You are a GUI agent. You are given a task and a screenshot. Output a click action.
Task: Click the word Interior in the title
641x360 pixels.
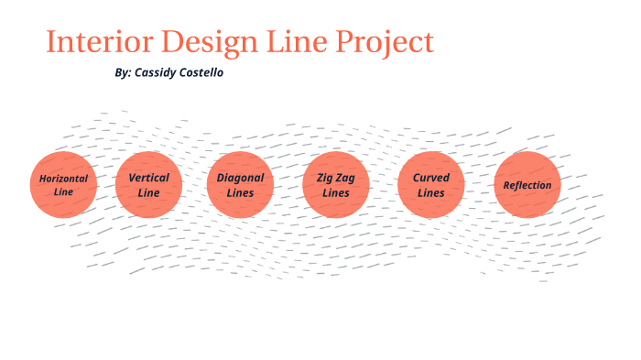point(99,43)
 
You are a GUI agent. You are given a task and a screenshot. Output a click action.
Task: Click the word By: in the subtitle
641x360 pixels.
point(124,72)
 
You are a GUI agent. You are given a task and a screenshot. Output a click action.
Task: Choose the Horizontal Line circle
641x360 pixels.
point(63,184)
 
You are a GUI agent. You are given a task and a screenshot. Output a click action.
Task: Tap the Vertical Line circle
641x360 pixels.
point(148,184)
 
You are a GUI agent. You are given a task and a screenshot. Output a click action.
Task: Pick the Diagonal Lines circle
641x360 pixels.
point(240,184)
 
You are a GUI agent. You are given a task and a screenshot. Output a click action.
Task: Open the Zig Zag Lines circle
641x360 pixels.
point(336,184)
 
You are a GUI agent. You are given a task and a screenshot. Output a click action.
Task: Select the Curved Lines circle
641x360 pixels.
point(431,184)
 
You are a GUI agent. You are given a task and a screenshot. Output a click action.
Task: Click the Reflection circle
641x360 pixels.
point(527,184)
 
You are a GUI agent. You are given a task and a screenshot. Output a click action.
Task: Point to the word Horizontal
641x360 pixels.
point(63,178)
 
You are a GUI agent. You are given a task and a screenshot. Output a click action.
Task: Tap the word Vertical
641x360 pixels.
point(148,177)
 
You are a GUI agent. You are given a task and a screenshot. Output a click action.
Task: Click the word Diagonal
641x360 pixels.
point(240,178)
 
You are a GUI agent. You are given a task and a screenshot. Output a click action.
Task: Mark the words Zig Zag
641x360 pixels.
point(336,178)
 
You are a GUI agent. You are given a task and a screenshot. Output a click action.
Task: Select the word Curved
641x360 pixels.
point(431,178)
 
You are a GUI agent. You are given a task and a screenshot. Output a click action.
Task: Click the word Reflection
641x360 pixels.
point(527,185)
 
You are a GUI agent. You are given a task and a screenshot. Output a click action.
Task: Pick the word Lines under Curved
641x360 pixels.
point(431,193)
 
